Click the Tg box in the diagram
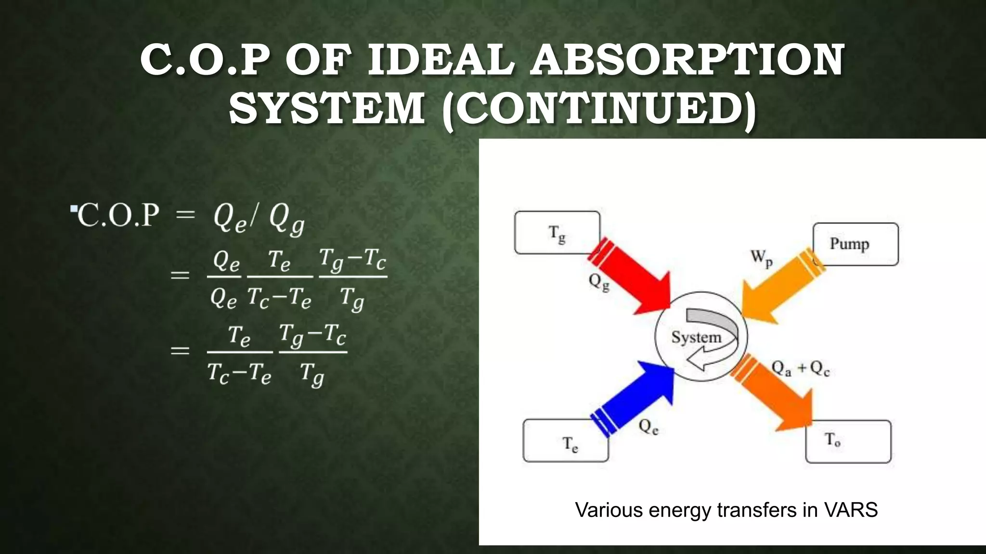(x=557, y=233)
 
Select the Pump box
(x=856, y=244)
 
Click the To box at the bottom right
(x=848, y=441)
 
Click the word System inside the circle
(x=696, y=338)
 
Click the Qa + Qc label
(x=800, y=369)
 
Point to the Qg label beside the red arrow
(x=599, y=282)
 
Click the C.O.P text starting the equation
(x=118, y=215)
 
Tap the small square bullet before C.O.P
(x=74, y=209)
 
